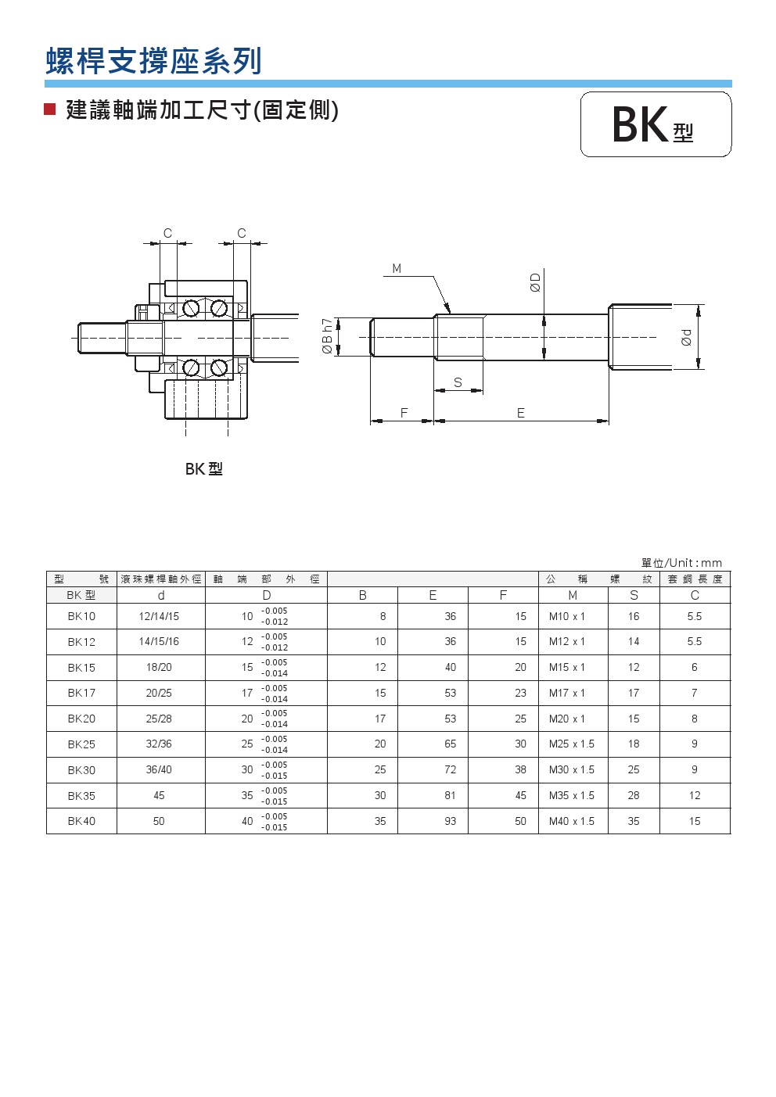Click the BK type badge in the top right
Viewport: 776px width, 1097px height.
pos(656,124)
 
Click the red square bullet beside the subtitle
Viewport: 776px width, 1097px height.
pos(50,109)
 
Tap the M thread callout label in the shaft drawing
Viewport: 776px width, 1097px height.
pos(397,269)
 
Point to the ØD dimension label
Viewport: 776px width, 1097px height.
pos(536,282)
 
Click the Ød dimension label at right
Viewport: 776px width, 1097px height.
pos(687,337)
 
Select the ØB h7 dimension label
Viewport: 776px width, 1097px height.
pos(328,336)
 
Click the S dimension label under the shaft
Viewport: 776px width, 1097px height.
pos(458,382)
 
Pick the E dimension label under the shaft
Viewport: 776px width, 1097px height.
pos(521,413)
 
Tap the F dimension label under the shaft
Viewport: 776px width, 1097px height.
pos(404,413)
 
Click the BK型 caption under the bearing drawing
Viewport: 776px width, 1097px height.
pos(204,469)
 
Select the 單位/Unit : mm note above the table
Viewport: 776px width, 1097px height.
pos(681,563)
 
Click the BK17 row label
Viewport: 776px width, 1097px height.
pos(81,693)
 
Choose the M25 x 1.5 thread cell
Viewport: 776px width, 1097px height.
pos(572,744)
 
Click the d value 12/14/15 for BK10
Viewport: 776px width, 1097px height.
pos(159,616)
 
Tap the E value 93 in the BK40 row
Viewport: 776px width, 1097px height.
pos(451,821)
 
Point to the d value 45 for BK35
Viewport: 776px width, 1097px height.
pos(159,795)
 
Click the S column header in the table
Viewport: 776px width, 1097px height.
pos(634,595)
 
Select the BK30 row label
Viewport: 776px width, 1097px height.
pos(81,770)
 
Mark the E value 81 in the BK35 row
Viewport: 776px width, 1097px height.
pos(451,795)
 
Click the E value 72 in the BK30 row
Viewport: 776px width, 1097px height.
pos(451,769)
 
